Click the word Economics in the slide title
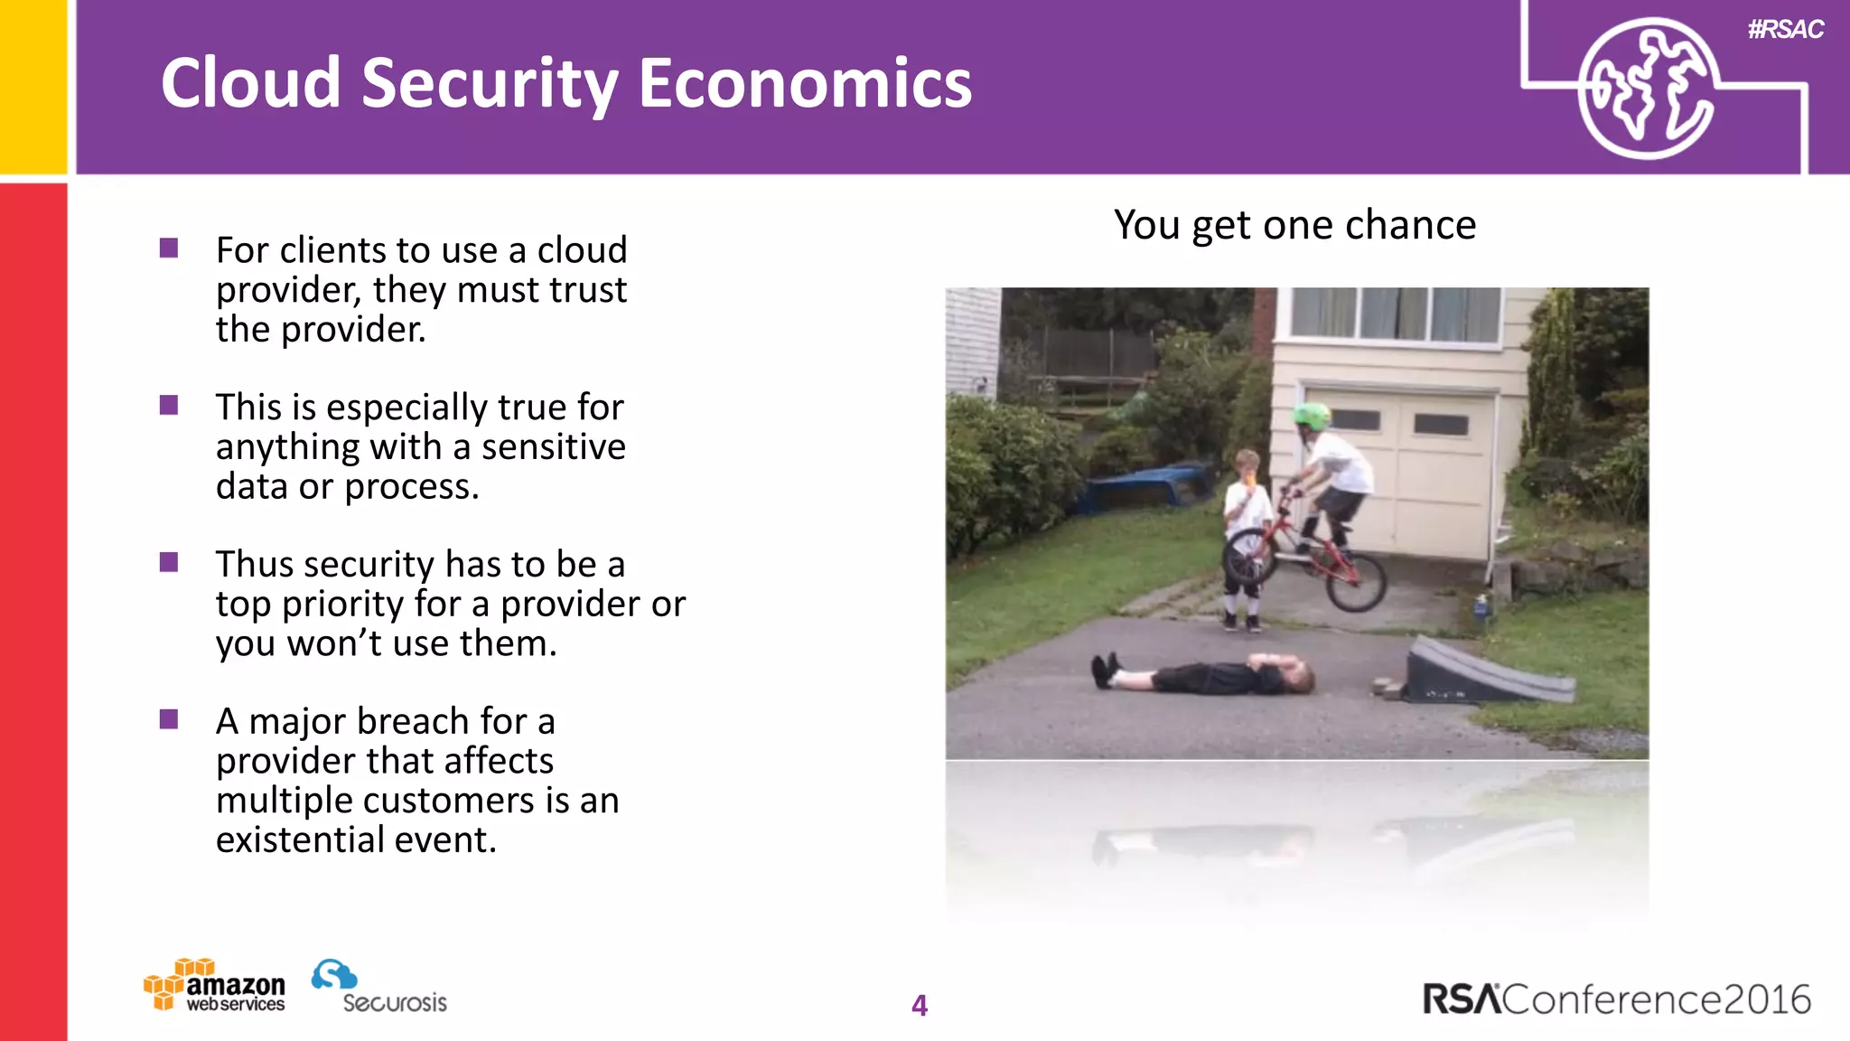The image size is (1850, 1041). [x=805, y=83]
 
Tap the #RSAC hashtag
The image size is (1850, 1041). [x=1785, y=30]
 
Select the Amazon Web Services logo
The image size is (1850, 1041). [x=215, y=985]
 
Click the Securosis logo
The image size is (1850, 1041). [x=379, y=987]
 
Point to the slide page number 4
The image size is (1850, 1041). [x=920, y=1005]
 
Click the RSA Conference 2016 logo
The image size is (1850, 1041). [x=1616, y=999]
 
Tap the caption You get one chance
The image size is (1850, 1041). [x=1294, y=225]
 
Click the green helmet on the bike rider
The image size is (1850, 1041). [x=1312, y=417]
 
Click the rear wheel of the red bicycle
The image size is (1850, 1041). [x=1356, y=582]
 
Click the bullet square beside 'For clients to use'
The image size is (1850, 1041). [x=169, y=249]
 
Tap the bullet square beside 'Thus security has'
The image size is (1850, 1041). [x=169, y=563]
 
